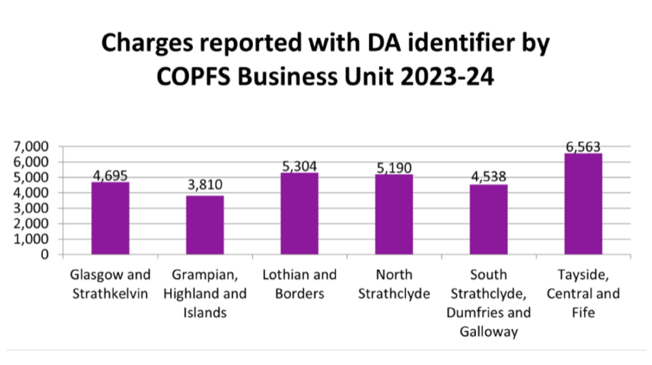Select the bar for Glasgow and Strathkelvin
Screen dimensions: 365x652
click(110, 218)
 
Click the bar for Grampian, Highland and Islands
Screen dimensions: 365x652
click(205, 225)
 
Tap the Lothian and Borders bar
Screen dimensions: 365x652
click(299, 214)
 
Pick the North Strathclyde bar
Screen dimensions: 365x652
click(394, 214)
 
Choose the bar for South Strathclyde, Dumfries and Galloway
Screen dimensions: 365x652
click(488, 220)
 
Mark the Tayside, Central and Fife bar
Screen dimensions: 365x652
click(583, 204)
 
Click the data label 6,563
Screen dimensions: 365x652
click(582, 147)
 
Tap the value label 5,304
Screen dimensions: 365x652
click(299, 166)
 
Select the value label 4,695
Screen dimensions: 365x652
click(110, 176)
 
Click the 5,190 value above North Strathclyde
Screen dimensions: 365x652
click(394, 168)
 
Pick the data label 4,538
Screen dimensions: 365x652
click(488, 178)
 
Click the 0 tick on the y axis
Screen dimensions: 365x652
click(46, 255)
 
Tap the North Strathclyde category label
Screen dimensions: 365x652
click(394, 284)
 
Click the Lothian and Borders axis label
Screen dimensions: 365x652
click(299, 284)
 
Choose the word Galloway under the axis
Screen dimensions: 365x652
click(488, 332)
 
